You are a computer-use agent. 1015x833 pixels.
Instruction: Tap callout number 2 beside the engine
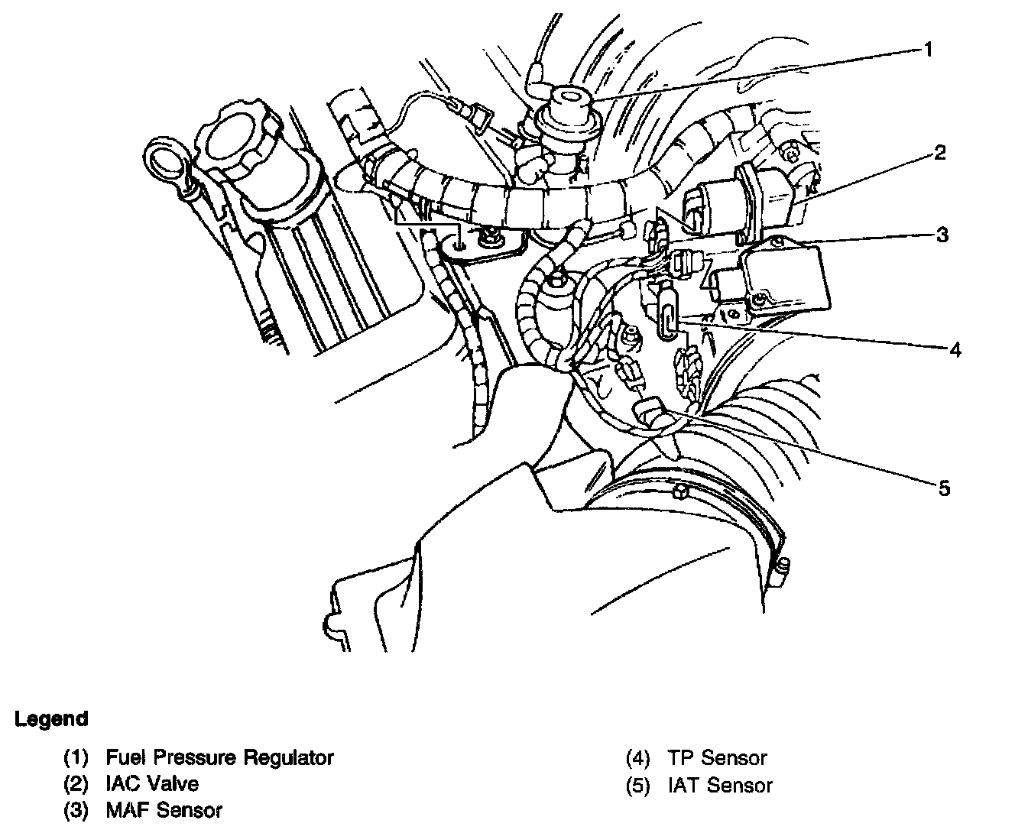tap(939, 153)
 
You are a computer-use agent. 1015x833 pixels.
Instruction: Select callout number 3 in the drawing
tap(943, 235)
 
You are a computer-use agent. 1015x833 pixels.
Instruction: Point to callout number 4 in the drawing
tap(955, 349)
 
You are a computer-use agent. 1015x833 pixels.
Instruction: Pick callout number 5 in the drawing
tap(945, 488)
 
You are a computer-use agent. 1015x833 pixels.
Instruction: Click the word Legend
tap(51, 719)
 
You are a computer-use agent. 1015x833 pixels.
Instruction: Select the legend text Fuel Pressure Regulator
tap(220, 758)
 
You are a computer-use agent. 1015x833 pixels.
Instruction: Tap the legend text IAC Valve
tap(152, 784)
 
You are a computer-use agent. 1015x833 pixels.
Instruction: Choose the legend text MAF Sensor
tap(164, 810)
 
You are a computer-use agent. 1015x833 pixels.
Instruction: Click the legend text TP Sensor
tap(717, 758)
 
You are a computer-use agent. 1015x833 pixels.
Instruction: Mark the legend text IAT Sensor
tap(720, 785)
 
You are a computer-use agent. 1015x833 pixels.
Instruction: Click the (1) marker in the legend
tap(76, 758)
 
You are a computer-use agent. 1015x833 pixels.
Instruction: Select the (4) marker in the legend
tap(638, 758)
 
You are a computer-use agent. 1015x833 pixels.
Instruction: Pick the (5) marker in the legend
tap(638, 785)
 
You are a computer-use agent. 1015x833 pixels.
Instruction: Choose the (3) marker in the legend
tap(76, 810)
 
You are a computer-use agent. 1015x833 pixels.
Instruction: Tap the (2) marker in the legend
tap(76, 784)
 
